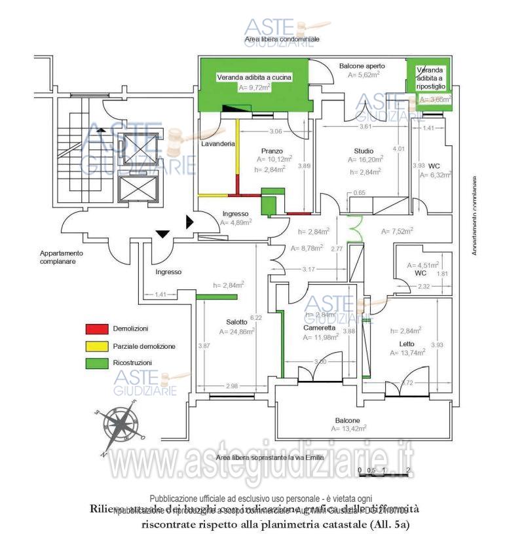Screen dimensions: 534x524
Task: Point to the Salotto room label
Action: pos(237,321)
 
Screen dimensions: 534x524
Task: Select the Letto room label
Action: pos(407,344)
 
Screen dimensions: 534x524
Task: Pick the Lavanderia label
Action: pos(218,143)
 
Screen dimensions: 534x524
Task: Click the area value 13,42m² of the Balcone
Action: pos(348,429)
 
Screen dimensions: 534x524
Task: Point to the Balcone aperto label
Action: pos(362,66)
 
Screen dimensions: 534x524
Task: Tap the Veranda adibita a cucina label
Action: pos(254,77)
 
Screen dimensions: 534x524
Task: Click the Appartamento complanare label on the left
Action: pos(61,257)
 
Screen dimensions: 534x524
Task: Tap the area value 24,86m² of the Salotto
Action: pos(240,332)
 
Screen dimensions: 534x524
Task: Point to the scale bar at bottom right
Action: pos(384,470)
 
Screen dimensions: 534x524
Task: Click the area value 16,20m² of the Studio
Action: pos(365,159)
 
